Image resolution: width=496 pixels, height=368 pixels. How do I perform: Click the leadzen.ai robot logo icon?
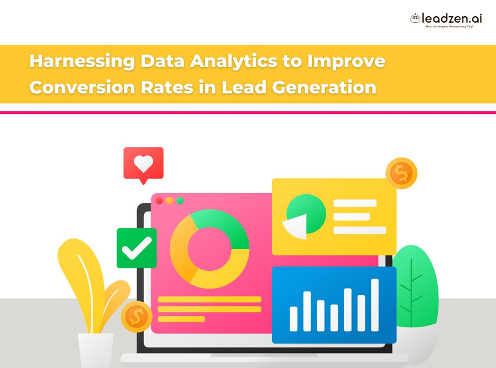point(415,18)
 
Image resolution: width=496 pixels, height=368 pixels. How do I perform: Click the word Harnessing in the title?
point(81,61)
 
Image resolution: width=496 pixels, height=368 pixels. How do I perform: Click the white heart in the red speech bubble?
point(143,163)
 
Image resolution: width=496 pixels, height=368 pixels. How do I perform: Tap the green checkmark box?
point(136,248)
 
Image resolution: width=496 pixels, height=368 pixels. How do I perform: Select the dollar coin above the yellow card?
point(402,173)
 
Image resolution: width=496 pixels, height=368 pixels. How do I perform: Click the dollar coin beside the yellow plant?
point(136,317)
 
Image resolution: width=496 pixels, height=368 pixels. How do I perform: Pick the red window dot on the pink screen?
point(159,201)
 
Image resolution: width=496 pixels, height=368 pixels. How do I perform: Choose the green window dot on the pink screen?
point(180,201)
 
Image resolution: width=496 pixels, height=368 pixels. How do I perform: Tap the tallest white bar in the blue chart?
point(375,305)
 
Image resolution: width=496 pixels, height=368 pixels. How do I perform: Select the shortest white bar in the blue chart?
point(294,319)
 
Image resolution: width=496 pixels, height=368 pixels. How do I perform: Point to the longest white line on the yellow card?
point(360,230)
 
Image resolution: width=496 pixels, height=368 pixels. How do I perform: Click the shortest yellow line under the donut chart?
point(181,319)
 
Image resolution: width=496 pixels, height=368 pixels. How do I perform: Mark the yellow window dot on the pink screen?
point(169,201)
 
